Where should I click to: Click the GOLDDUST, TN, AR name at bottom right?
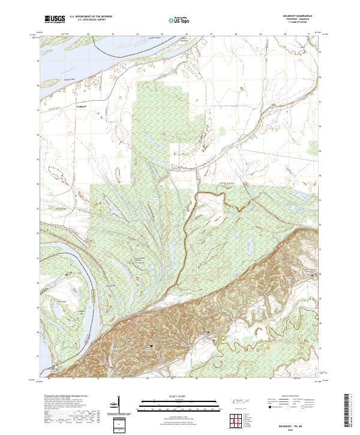[301, 423]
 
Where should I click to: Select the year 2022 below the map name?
[301, 428]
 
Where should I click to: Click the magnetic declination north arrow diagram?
[118, 405]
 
